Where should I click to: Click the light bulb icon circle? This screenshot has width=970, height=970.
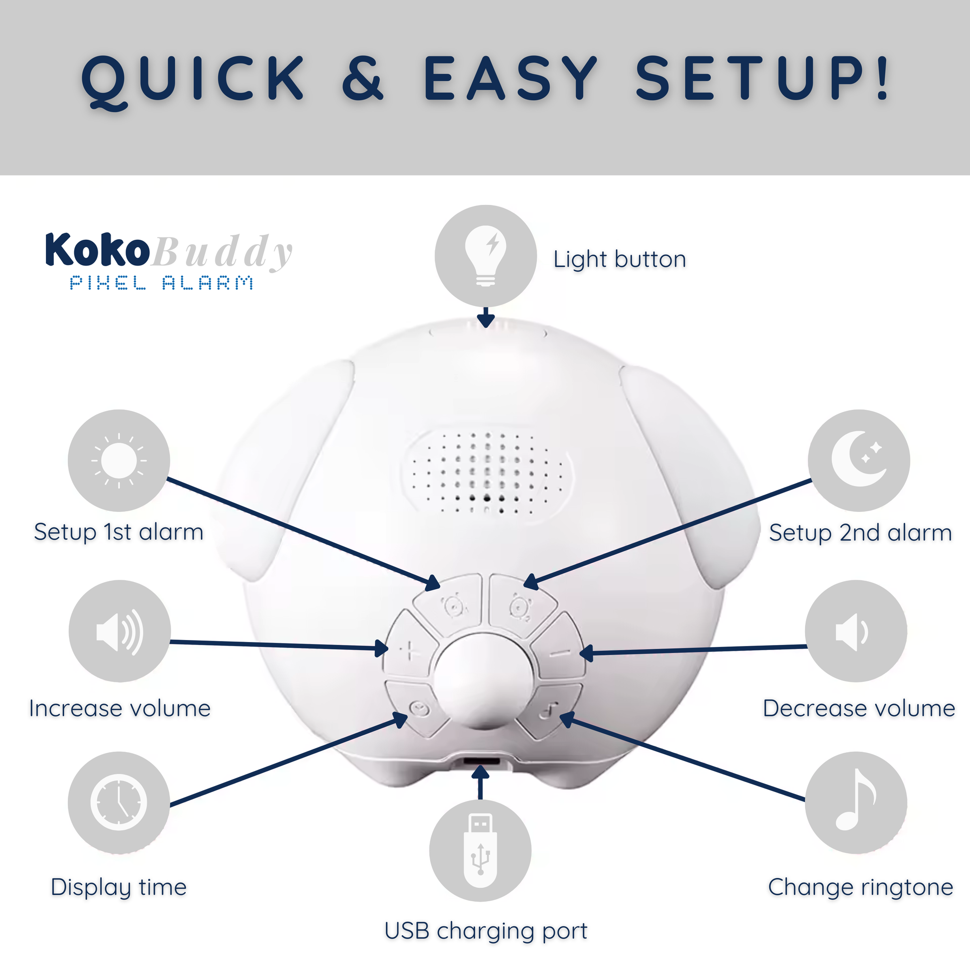485,256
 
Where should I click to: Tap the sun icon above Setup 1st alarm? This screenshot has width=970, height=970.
119,461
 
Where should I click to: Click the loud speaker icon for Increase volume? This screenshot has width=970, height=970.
120,631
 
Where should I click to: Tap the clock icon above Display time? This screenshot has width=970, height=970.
119,803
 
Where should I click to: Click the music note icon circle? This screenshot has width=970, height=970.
856,803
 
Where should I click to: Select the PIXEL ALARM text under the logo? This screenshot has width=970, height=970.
161,283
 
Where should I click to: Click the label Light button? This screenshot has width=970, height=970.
620,260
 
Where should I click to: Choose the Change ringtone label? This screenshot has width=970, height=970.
860,888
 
